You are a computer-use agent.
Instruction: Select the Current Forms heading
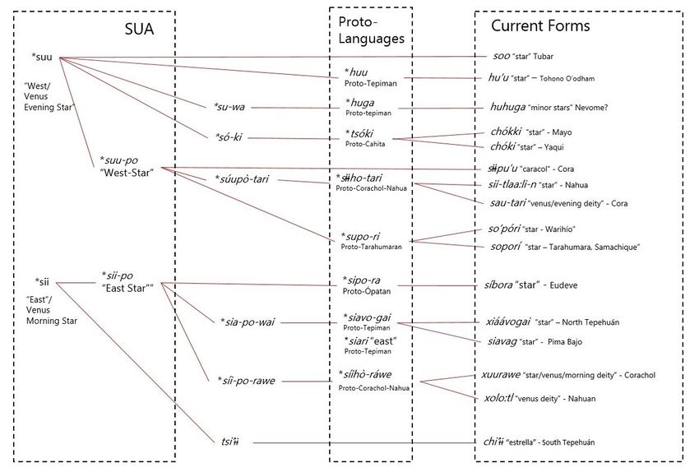540,25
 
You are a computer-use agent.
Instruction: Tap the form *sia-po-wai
247,322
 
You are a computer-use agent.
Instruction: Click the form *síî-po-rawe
247,381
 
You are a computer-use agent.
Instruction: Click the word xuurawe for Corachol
504,375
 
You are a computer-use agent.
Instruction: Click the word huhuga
508,105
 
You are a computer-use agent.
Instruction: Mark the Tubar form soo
501,56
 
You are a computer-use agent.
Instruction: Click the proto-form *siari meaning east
363,340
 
